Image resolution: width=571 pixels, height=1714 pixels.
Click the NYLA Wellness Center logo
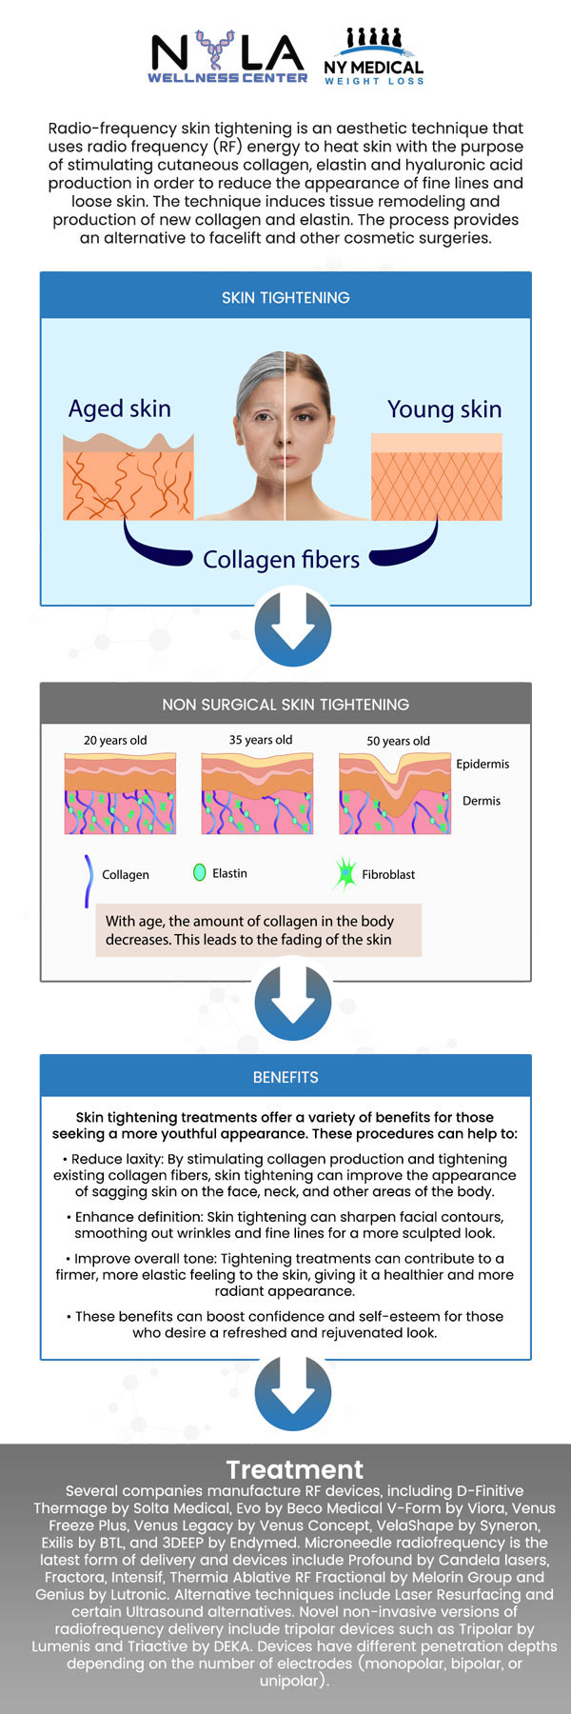227,56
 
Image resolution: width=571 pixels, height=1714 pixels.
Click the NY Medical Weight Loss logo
373,57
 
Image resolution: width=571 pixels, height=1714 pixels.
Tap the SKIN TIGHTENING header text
285,297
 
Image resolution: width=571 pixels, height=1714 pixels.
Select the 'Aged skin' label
120,409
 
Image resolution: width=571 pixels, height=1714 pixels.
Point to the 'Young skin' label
443,409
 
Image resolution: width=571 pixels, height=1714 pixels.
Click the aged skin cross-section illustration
128,476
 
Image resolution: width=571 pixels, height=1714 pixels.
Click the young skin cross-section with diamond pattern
436,477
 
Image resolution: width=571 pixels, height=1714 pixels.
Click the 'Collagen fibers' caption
281,559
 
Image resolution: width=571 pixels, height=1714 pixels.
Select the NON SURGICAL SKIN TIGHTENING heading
285,705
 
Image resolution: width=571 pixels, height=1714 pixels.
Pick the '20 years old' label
115,740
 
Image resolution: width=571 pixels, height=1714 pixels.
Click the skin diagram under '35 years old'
257,792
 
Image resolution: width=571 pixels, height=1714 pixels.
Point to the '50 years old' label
398,741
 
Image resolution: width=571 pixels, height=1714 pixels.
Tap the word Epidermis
482,764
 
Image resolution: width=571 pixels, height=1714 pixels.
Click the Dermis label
482,801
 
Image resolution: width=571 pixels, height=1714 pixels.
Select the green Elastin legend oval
199,872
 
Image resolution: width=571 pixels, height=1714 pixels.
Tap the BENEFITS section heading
285,1077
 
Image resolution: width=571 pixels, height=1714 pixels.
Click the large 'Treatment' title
295,1469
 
